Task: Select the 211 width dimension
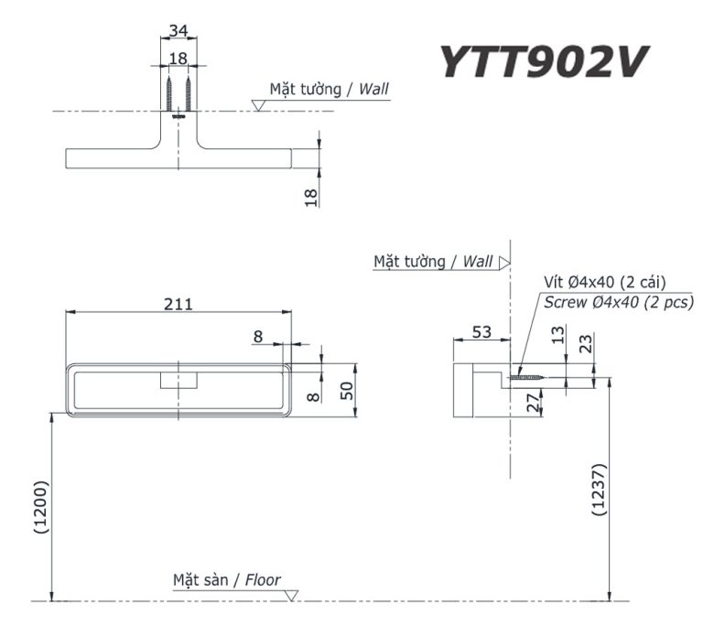click(178, 304)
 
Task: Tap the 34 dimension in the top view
click(178, 31)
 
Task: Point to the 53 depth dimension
click(482, 330)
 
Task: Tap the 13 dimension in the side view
click(558, 338)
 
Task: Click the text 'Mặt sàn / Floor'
click(227, 580)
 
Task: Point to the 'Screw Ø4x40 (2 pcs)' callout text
click(618, 302)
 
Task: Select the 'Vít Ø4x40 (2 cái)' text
click(604, 282)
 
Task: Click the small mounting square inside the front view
click(178, 380)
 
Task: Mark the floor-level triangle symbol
click(292, 596)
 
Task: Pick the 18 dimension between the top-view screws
click(178, 58)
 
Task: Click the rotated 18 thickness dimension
click(311, 196)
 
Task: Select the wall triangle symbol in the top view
click(259, 105)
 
